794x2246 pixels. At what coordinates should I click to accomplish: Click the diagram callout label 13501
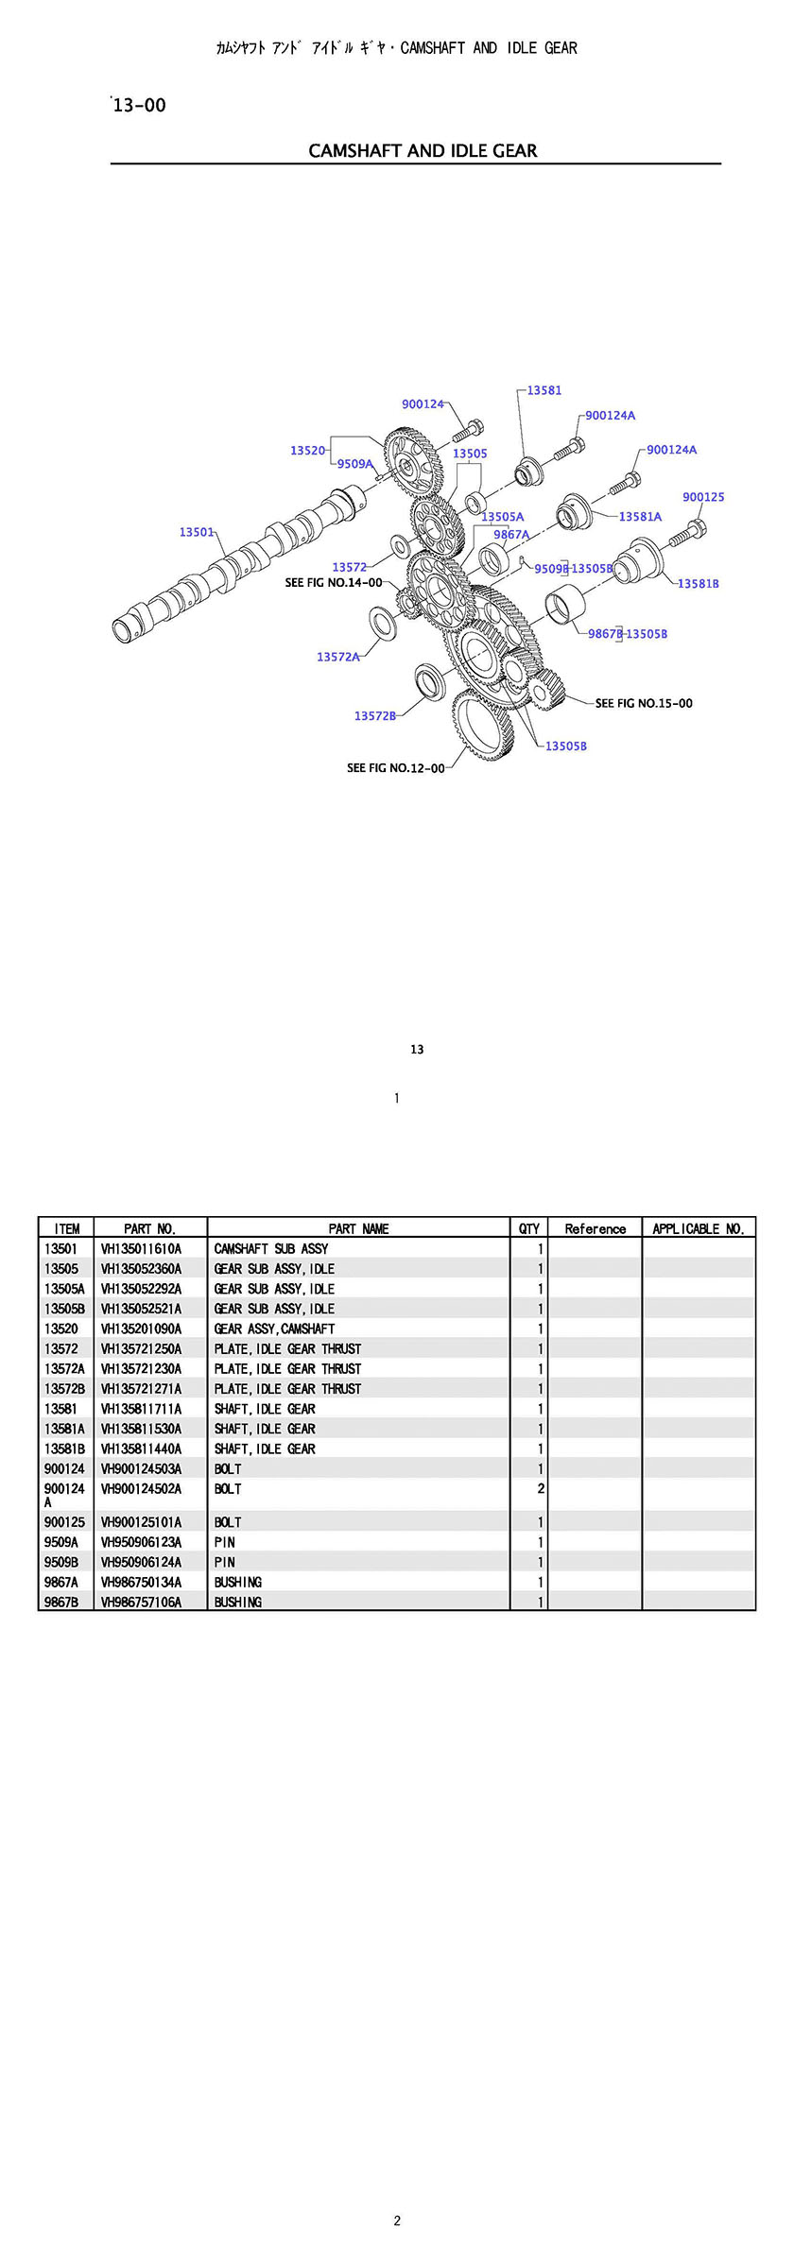(x=197, y=532)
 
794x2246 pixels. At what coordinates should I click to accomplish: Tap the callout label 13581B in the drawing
(x=698, y=583)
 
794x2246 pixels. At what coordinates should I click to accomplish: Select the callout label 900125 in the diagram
(x=703, y=497)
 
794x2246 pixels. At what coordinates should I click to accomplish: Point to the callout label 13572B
(x=374, y=715)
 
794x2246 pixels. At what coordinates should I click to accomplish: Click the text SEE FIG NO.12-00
(x=395, y=768)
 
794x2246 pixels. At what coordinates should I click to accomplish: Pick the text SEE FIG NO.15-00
(x=644, y=703)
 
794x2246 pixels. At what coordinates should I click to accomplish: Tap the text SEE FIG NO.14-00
(x=334, y=583)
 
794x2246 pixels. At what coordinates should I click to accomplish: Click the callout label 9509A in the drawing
(x=354, y=464)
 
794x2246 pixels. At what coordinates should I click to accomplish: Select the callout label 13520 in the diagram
(x=308, y=451)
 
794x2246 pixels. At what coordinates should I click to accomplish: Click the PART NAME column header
(x=358, y=1228)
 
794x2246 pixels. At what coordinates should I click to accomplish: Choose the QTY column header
(x=529, y=1228)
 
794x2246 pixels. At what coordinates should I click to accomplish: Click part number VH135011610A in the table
(x=141, y=1249)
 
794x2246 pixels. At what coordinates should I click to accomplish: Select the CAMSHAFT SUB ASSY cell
(x=271, y=1249)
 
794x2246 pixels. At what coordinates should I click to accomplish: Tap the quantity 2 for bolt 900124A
(x=541, y=1489)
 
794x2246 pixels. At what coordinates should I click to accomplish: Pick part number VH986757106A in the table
(x=141, y=1602)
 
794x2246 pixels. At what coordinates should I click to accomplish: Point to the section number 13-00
(x=139, y=106)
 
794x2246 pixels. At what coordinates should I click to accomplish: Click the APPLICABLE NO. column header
(x=699, y=1228)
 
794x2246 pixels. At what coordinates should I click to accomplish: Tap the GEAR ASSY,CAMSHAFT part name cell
(x=274, y=1329)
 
